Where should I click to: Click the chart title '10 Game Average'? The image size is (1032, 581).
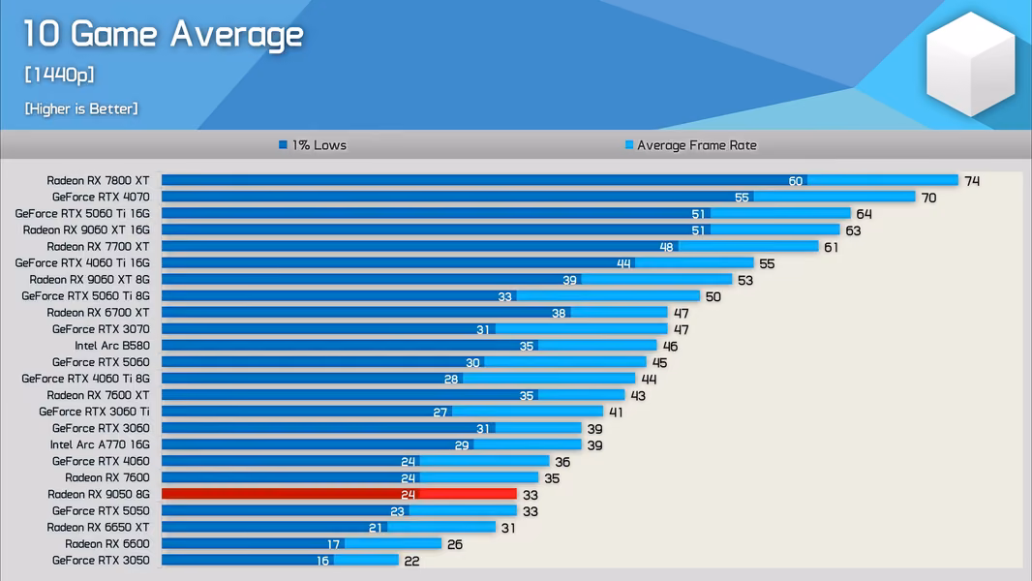164,34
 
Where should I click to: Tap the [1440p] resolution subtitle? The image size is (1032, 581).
59,75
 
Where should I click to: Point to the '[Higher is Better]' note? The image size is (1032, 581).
81,108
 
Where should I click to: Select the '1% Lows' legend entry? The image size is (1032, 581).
313,144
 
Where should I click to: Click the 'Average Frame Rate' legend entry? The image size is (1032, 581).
690,144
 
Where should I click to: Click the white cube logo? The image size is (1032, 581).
970,64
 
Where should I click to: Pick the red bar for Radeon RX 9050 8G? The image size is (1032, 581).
339,494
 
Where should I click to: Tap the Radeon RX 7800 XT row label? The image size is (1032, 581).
98,180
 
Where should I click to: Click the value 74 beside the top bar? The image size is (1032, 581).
972,181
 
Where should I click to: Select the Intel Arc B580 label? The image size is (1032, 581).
112,346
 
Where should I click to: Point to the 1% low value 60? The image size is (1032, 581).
796,181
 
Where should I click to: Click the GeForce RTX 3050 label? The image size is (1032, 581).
101,560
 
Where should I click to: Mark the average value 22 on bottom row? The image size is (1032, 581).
412,562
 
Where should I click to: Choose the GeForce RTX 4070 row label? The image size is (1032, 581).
101,197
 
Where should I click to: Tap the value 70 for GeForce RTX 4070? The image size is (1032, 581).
928,198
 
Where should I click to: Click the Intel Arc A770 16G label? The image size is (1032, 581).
100,444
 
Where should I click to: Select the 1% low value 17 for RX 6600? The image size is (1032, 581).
334,544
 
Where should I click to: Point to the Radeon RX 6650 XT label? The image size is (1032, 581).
98,527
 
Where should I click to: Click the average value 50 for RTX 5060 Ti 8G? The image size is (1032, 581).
713,296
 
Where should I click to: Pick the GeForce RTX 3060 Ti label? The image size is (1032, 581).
94,412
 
